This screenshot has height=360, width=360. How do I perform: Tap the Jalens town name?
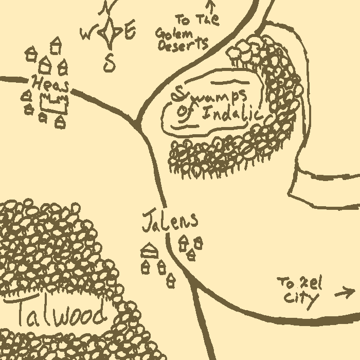point(169,221)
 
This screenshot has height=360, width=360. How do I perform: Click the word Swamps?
point(211,95)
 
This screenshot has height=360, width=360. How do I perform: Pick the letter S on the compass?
point(109,63)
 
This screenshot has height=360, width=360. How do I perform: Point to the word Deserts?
point(183,46)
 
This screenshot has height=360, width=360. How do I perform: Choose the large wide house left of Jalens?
point(149,250)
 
